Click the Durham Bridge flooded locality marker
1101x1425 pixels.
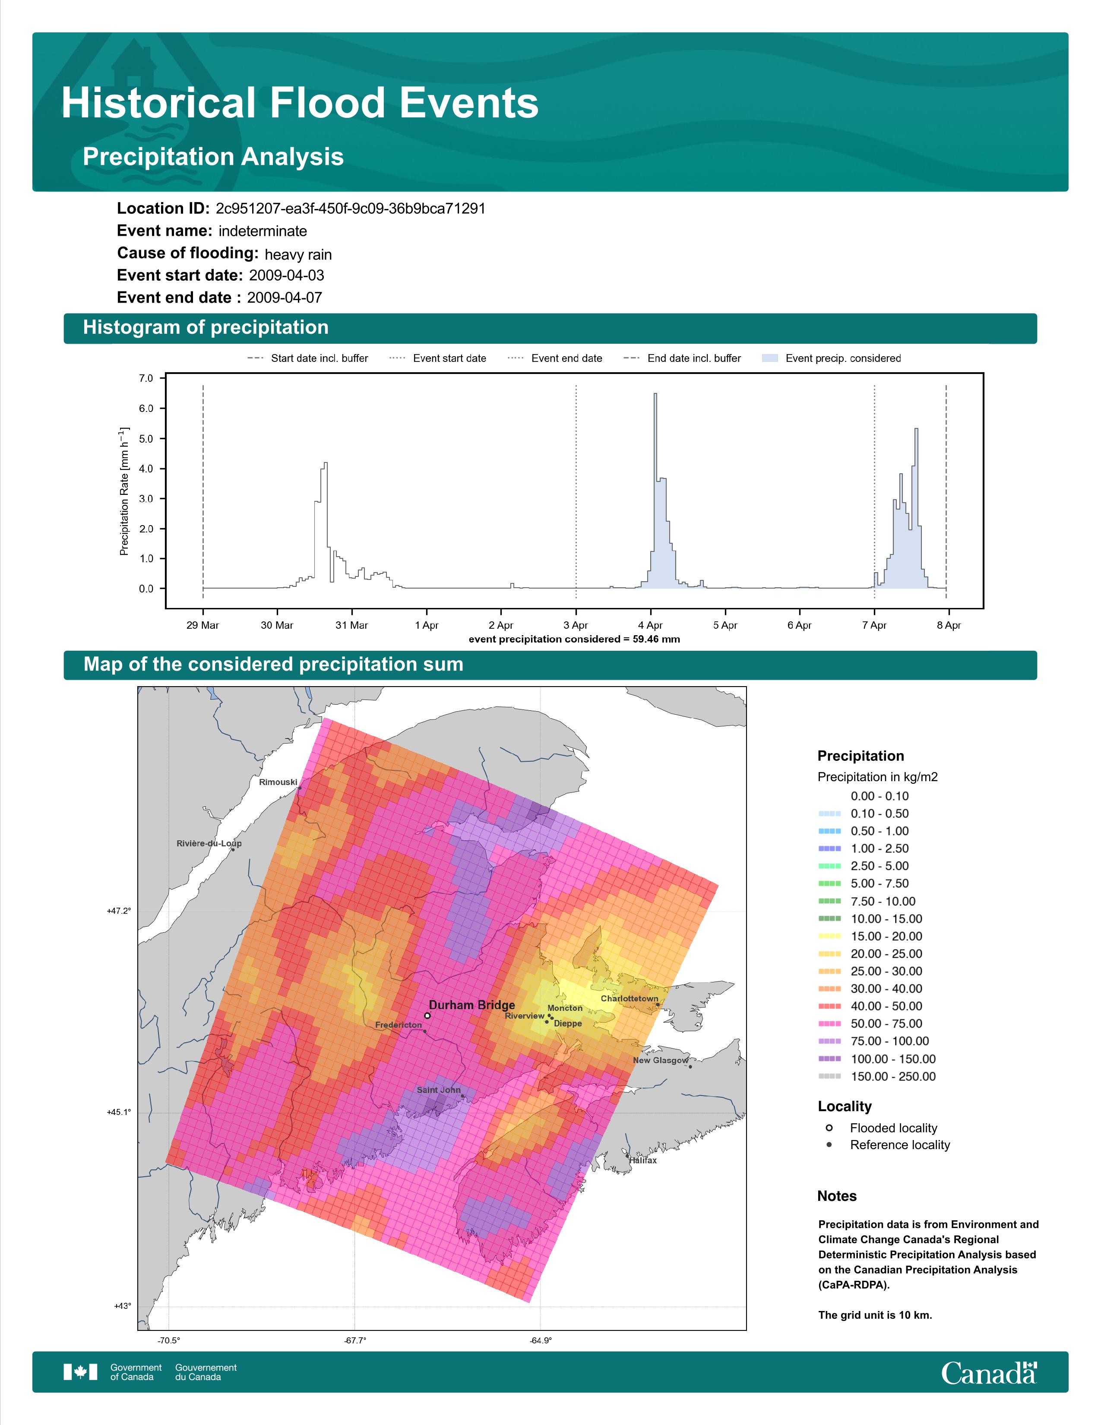pyautogui.click(x=427, y=1015)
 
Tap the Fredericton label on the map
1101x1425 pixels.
pyautogui.click(x=399, y=1025)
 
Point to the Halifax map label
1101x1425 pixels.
pyautogui.click(x=643, y=1160)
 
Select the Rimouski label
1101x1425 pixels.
pyautogui.click(x=278, y=782)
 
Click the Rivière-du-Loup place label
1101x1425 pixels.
pyautogui.click(x=209, y=844)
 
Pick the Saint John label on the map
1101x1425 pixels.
pyautogui.click(x=438, y=1089)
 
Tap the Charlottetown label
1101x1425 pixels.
pyautogui.click(x=630, y=998)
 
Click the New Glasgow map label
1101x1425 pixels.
pyautogui.click(x=661, y=1060)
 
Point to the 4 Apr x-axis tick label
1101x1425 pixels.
pyautogui.click(x=650, y=625)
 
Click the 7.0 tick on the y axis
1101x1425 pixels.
pyautogui.click(x=146, y=378)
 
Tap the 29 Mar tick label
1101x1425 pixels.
pyautogui.click(x=203, y=625)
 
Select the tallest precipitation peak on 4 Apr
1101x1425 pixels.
pyautogui.click(x=655, y=394)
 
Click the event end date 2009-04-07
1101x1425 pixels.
pyautogui.click(x=285, y=298)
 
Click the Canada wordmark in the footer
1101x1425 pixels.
pyautogui.click(x=989, y=1373)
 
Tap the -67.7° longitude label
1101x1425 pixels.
pyautogui.click(x=355, y=1340)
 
